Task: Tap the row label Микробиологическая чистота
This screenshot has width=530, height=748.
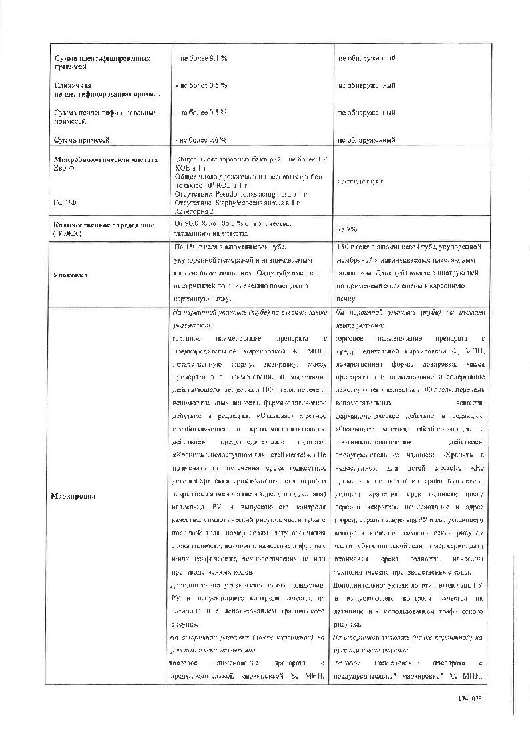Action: coord(106,160)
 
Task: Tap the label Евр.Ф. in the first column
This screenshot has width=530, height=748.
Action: coord(66,169)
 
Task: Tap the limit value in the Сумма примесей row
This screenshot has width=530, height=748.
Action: coord(201,140)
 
